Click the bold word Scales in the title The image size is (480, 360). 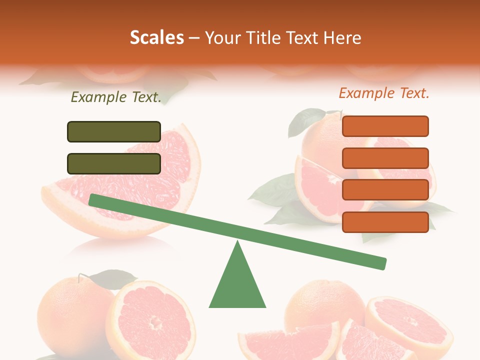point(156,37)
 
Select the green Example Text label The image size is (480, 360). point(116,97)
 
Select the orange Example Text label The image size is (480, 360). point(384,93)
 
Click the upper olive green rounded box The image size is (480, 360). point(114,131)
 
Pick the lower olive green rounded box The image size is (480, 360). point(114,163)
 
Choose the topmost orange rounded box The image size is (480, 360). point(385,126)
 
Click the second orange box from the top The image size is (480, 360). point(385,158)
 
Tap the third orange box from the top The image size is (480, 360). point(385,190)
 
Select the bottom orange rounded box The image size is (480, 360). point(385,222)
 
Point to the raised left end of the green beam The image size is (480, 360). point(95,200)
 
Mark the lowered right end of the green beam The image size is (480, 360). point(380,263)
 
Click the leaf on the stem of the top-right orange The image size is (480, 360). point(304,122)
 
